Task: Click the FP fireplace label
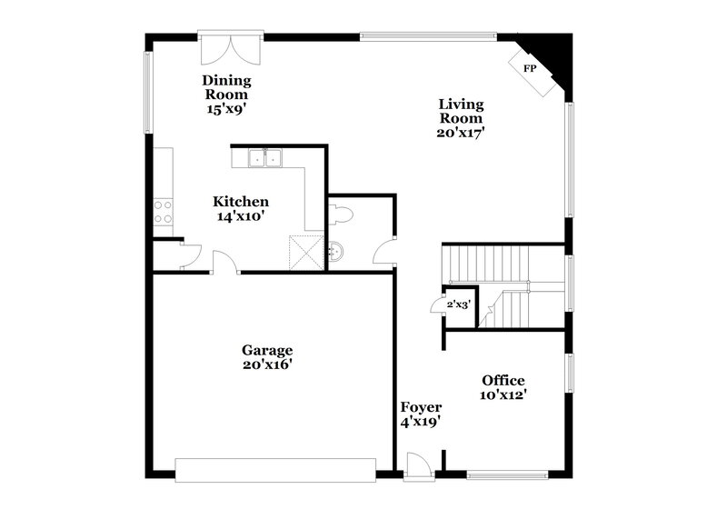pos(528,69)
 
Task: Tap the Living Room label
pos(461,117)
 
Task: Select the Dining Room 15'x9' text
pos(226,94)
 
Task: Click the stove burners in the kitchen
pos(163,212)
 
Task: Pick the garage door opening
pos(275,470)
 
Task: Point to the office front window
pos(507,474)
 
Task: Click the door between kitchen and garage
pos(224,264)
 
